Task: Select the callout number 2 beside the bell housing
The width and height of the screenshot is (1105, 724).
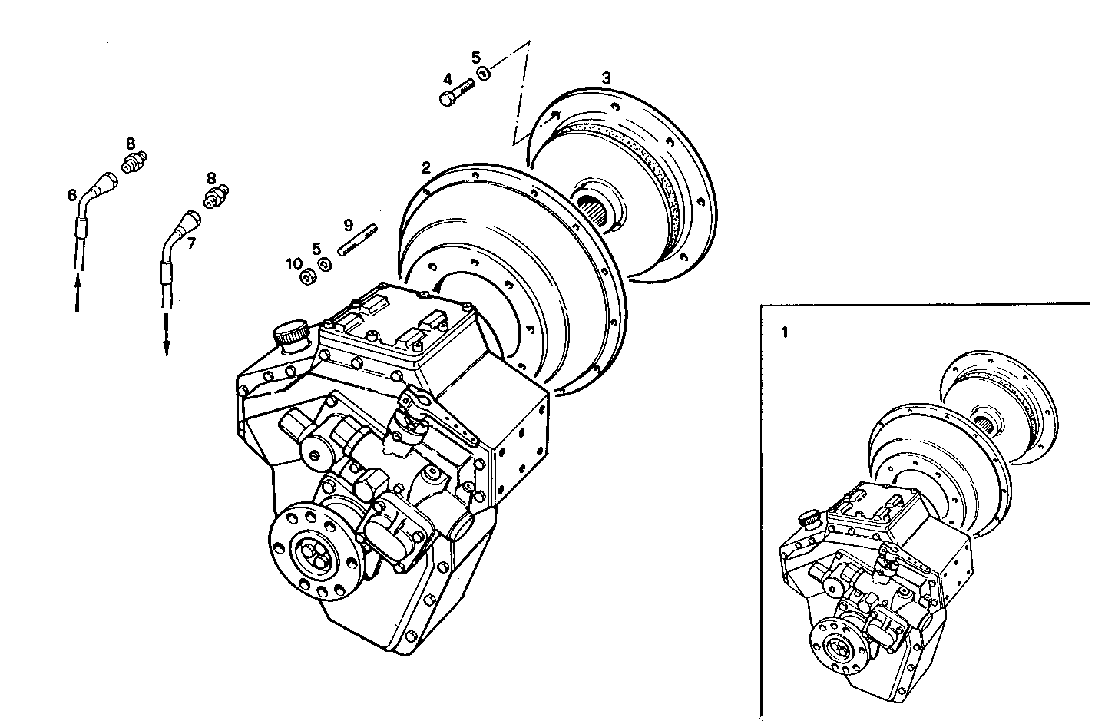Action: pyautogui.click(x=425, y=167)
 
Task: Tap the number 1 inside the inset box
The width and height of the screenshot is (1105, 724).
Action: pyautogui.click(x=784, y=332)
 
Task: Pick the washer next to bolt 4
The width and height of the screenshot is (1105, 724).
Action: pyautogui.click(x=484, y=74)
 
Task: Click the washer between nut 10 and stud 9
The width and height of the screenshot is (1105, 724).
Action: pyautogui.click(x=326, y=265)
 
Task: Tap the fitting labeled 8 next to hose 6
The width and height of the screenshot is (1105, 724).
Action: pyautogui.click(x=134, y=164)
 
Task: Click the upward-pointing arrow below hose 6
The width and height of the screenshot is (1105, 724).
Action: pyautogui.click(x=78, y=295)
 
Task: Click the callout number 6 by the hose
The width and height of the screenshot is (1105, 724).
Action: pyautogui.click(x=71, y=196)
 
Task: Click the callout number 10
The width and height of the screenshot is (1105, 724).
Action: pyautogui.click(x=293, y=264)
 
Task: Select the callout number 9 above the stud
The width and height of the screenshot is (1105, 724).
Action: pyautogui.click(x=348, y=225)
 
